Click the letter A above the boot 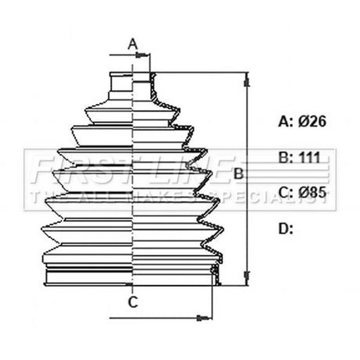(x=133, y=44)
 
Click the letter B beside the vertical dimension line (x=238, y=174)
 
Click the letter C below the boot (x=133, y=302)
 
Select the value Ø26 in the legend (x=312, y=122)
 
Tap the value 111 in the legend (x=309, y=157)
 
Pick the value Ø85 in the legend (x=312, y=193)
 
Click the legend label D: (x=285, y=229)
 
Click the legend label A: (x=285, y=122)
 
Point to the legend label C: (x=285, y=193)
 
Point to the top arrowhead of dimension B (x=247, y=79)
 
